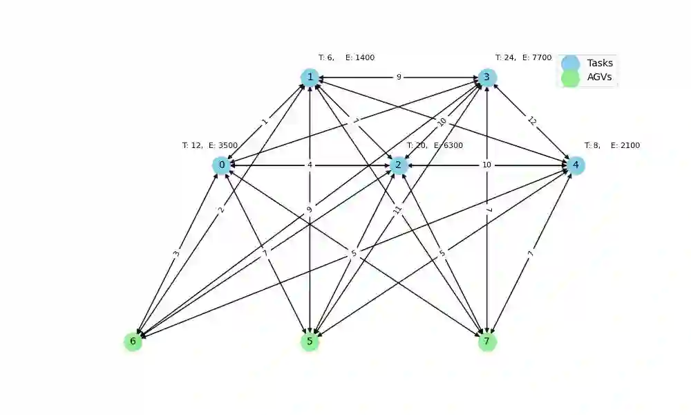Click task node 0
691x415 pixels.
tap(221, 165)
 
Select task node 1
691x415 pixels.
tap(310, 77)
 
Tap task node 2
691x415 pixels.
tap(398, 165)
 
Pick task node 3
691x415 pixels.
tap(486, 77)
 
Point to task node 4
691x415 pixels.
tap(575, 165)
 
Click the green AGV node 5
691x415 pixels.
tap(310, 341)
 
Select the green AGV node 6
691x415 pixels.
tap(133, 341)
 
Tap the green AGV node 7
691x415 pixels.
tap(486, 341)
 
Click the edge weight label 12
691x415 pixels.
tap(531, 121)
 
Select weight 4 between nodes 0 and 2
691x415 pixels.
tap(310, 165)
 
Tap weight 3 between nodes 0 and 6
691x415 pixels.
tap(177, 253)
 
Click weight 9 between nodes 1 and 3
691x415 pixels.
tap(399, 77)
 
